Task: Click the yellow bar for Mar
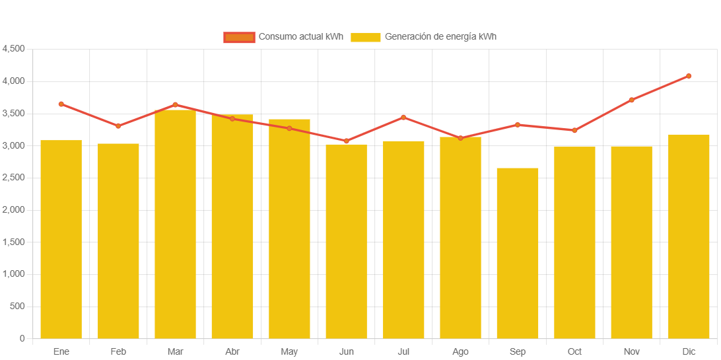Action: pyautogui.click(x=175, y=224)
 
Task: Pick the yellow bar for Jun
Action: pyautogui.click(x=346, y=242)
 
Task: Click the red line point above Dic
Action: pyautogui.click(x=689, y=76)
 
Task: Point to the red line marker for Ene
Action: pyautogui.click(x=61, y=104)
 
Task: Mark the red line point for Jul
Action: pyautogui.click(x=403, y=118)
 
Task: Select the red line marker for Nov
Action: pyautogui.click(x=631, y=100)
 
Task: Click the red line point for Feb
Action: pyautogui.click(x=118, y=126)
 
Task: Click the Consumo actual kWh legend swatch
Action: pyautogui.click(x=239, y=37)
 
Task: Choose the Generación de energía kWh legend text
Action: pyautogui.click(x=440, y=37)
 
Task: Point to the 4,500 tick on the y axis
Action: pyautogui.click(x=14, y=49)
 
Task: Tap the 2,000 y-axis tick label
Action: pyautogui.click(x=14, y=210)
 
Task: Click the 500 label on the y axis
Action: pyautogui.click(x=18, y=306)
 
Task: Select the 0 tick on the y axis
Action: pyautogui.click(x=22, y=338)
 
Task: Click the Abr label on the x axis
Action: pyautogui.click(x=232, y=351)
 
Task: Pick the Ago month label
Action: pyautogui.click(x=460, y=351)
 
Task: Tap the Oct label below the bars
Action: pyautogui.click(x=574, y=351)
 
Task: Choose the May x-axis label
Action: pyautogui.click(x=289, y=351)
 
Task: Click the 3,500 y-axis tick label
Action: pyautogui.click(x=14, y=114)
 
